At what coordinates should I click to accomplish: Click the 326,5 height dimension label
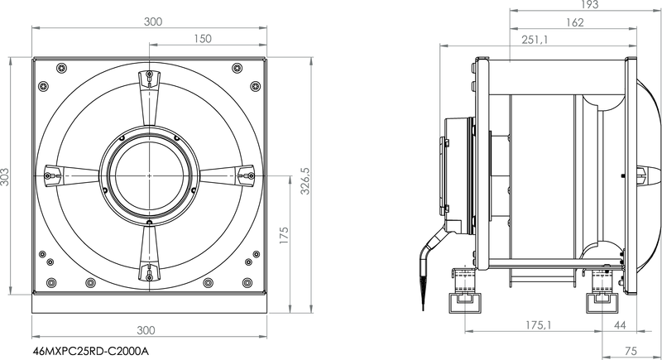point(305,181)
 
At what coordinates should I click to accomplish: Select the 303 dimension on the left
point(4,177)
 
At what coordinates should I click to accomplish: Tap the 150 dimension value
point(203,39)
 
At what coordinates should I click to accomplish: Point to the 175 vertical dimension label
point(284,236)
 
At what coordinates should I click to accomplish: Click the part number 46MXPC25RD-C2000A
point(91,351)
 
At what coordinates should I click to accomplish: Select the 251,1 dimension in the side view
point(535,40)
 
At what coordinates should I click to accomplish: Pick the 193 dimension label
point(590,5)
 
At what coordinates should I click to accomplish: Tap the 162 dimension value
point(574,22)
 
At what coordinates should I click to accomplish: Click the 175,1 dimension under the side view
point(539,325)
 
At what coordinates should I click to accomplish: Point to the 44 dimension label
point(620,325)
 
